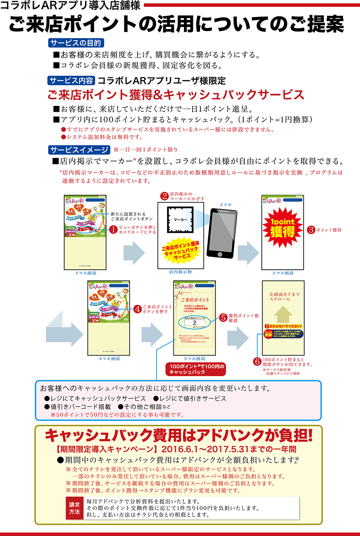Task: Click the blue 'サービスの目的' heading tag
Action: tap(76, 43)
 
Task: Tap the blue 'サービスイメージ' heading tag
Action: tap(79, 150)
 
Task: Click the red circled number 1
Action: tap(113, 229)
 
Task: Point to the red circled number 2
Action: tap(164, 196)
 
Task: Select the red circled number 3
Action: tap(311, 230)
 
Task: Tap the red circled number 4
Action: tap(137, 309)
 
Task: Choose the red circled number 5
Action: tap(224, 318)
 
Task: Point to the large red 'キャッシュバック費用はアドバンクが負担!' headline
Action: tap(179, 435)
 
